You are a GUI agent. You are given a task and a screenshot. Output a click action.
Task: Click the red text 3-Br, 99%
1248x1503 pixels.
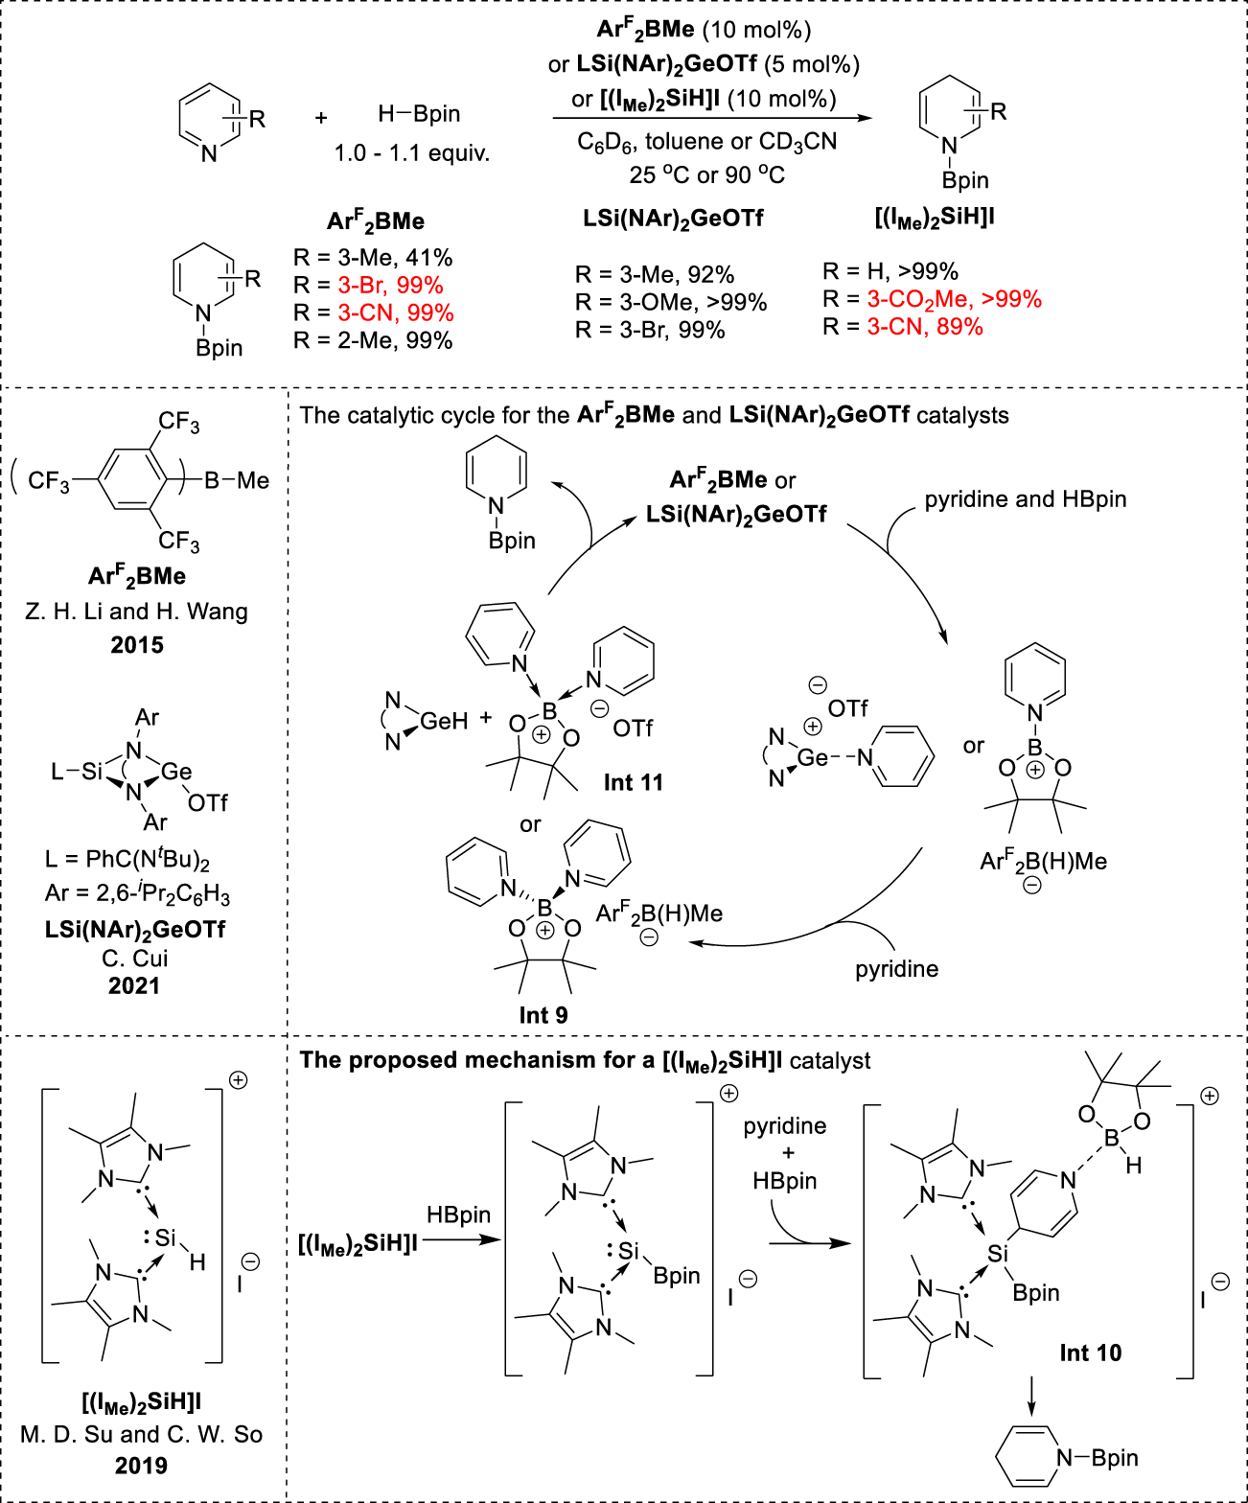(x=390, y=286)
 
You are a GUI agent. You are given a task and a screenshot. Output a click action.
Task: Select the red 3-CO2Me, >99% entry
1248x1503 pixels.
(x=954, y=299)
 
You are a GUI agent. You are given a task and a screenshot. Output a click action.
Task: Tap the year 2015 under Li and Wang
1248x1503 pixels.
(x=137, y=645)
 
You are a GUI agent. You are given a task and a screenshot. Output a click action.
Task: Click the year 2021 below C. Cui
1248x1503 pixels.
(x=134, y=985)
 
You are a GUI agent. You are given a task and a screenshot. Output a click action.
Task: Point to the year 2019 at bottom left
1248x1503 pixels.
(x=141, y=1466)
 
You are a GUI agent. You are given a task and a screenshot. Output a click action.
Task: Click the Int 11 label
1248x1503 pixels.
(x=633, y=782)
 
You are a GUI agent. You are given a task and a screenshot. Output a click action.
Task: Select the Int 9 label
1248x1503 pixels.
(x=543, y=1015)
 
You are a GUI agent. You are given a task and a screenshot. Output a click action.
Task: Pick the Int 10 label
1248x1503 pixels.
(x=1090, y=1353)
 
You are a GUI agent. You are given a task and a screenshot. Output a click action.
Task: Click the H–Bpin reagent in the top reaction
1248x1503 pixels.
(x=419, y=114)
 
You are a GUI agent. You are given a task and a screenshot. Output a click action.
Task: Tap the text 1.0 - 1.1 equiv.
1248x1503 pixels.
(x=411, y=153)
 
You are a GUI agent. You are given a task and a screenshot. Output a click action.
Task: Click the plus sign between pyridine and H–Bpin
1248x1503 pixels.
(x=321, y=118)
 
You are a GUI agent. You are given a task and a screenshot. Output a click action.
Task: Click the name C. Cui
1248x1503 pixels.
(x=134, y=959)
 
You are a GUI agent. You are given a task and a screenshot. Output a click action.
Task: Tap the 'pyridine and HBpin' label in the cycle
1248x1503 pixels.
(x=1025, y=499)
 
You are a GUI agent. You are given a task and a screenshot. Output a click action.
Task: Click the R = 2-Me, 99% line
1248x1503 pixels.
(x=373, y=340)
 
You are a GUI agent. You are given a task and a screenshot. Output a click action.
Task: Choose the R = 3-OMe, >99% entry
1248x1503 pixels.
(x=671, y=303)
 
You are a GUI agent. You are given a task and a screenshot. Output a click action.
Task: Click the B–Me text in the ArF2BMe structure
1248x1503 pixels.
(x=237, y=480)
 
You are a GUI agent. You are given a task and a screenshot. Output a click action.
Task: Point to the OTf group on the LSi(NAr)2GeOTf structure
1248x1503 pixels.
(x=207, y=802)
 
